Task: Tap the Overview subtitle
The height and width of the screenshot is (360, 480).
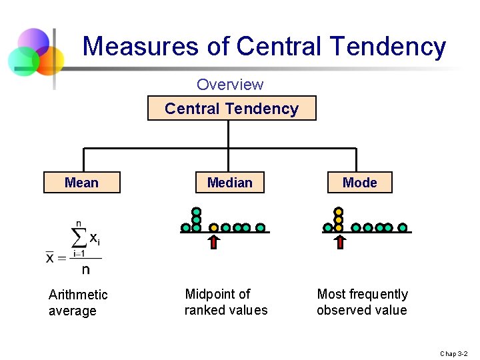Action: pos(230,85)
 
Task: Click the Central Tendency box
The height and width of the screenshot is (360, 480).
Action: pos(231,109)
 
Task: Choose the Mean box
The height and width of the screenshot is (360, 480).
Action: pos(81,183)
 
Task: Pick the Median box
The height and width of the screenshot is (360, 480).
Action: pos(230,183)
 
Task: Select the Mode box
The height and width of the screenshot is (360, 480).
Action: pos(359,183)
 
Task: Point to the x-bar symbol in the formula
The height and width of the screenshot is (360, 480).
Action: pos(50,257)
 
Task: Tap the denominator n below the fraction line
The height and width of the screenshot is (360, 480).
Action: pos(85,269)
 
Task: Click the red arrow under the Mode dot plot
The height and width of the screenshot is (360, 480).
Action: pos(339,241)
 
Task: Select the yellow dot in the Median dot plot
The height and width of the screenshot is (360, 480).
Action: pos(214,227)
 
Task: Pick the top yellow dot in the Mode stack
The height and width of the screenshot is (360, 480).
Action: pos(339,211)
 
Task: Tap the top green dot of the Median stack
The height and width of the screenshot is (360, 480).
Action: pos(197,211)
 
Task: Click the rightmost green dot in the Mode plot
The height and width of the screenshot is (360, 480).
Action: pos(403,227)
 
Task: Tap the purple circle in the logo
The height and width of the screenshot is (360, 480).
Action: pos(33,42)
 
